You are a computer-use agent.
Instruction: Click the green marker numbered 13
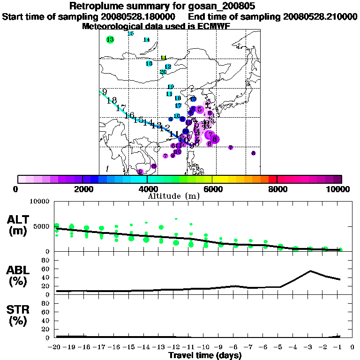pos(110,40)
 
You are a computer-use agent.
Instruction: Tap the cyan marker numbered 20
pos(163,72)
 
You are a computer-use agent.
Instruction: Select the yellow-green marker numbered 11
pos(164,58)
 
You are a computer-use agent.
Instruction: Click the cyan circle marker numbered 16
pos(149,63)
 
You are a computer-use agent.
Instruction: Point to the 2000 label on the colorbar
pos(82,189)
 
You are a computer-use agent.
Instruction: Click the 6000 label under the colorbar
pos(212,189)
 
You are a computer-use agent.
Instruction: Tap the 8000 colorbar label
pos(277,189)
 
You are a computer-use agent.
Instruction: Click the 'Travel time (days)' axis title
pos(205,355)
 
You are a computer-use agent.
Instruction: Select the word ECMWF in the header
pos(214,26)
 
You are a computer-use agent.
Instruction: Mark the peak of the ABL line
pos(310,271)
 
